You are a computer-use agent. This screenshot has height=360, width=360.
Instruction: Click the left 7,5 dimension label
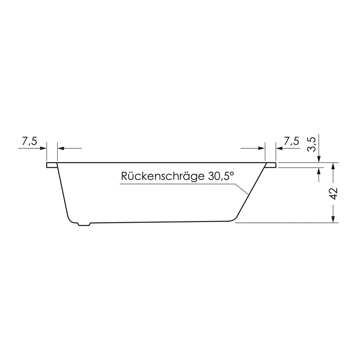(x=30, y=141)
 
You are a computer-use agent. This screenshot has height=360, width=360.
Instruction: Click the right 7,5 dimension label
(x=291, y=141)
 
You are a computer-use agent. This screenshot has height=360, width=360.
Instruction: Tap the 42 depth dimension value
(x=334, y=194)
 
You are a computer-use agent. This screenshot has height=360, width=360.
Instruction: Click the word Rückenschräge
(x=163, y=176)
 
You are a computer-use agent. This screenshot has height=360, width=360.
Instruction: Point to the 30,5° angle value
(x=221, y=176)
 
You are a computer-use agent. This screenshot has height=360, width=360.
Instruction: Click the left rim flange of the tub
(x=52, y=165)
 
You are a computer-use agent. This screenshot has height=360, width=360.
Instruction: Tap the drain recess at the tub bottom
(x=84, y=224)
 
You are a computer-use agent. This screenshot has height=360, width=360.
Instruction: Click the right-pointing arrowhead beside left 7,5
(x=44, y=148)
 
